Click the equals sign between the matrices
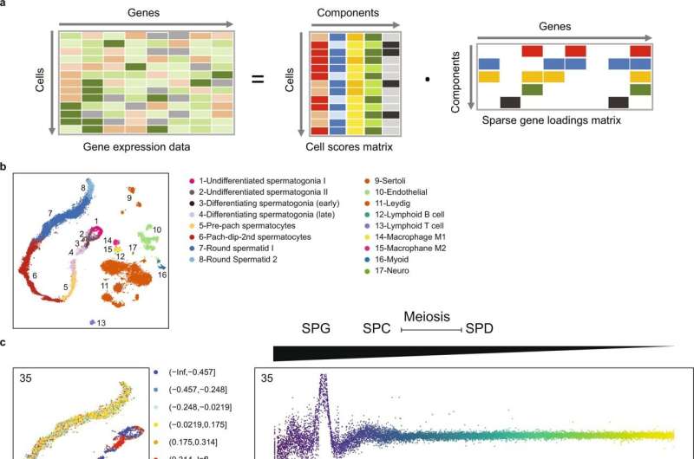pyautogui.click(x=258, y=81)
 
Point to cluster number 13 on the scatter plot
pyautogui.click(x=102, y=323)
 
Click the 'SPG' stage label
pyautogui.click(x=316, y=329)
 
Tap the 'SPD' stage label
pyautogui.click(x=482, y=329)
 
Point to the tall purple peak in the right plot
pyautogui.click(x=324, y=384)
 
